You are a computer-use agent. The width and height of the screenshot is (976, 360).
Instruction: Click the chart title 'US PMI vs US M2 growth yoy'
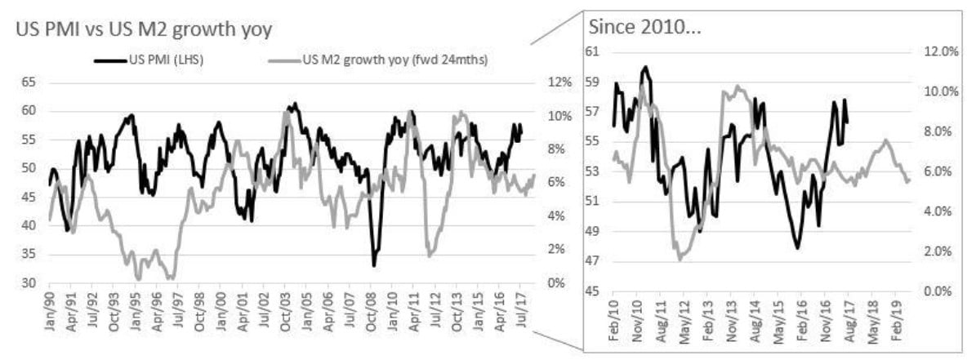(144, 31)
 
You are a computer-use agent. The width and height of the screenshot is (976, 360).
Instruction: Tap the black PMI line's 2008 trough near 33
(374, 265)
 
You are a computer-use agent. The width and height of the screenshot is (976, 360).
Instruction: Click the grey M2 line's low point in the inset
(680, 259)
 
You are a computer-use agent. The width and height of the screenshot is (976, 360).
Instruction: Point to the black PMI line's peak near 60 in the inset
(645, 67)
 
